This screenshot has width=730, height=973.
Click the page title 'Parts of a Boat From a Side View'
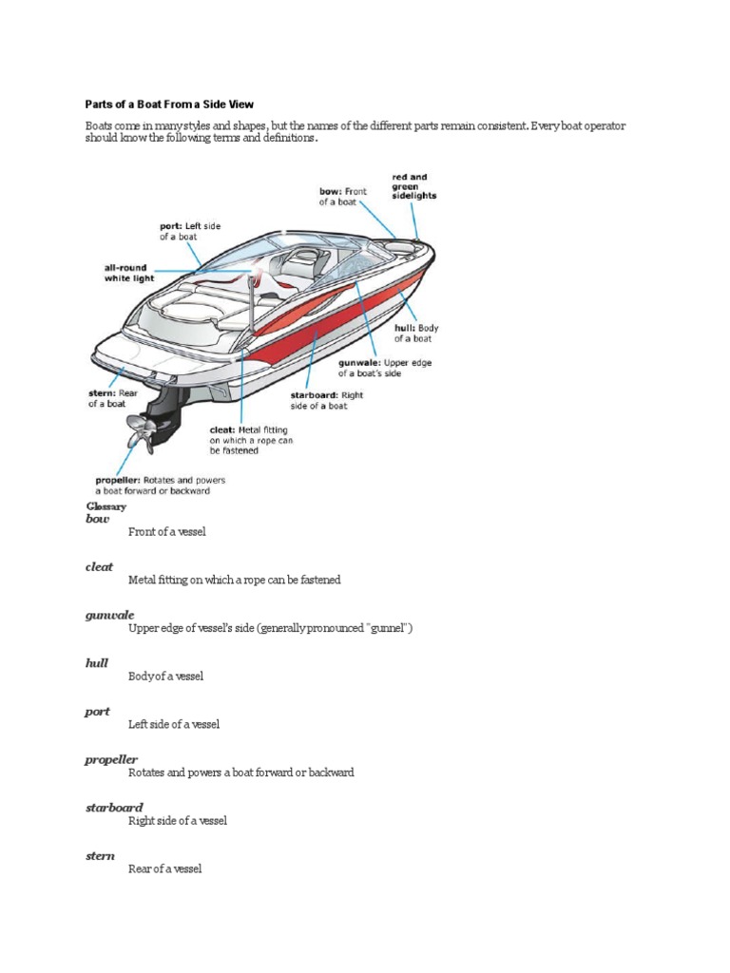pyautogui.click(x=169, y=103)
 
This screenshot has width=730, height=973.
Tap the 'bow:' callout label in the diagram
pyautogui.click(x=331, y=191)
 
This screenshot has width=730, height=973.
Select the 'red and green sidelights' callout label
pyautogui.click(x=410, y=187)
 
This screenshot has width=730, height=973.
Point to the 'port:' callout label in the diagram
pyautogui.click(x=171, y=226)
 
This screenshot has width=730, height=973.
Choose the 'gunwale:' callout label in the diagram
pyautogui.click(x=360, y=363)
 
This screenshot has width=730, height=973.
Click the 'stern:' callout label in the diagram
pyautogui.click(x=99, y=391)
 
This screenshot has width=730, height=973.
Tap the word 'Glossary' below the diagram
pyautogui.click(x=106, y=506)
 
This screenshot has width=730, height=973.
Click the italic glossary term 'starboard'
pyautogui.click(x=114, y=808)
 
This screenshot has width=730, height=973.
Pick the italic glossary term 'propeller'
pyautogui.click(x=111, y=760)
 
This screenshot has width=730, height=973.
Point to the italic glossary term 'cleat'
pyautogui.click(x=99, y=567)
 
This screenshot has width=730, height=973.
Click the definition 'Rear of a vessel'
pyautogui.click(x=164, y=868)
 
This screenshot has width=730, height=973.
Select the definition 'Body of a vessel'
pyautogui.click(x=165, y=677)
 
